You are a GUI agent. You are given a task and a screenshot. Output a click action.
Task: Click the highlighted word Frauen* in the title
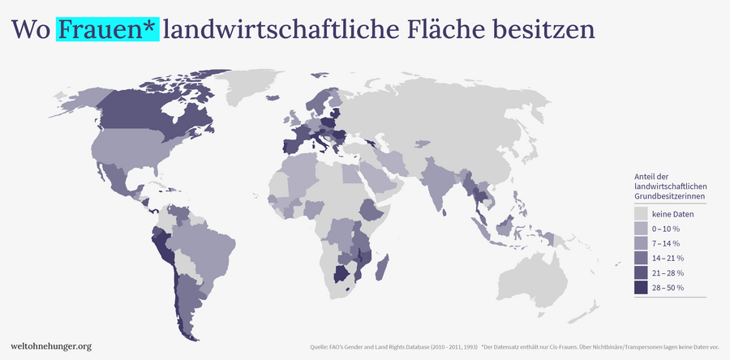(107, 29)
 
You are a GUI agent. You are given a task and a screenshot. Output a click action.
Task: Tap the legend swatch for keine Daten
(641, 214)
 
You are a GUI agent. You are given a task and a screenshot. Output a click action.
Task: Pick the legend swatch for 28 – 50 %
(641, 288)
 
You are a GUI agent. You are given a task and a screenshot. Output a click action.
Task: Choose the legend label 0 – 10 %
(666, 229)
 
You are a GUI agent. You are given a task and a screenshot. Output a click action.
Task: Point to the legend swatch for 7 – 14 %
(641, 243)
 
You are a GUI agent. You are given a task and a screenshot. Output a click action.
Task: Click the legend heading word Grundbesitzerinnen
(669, 197)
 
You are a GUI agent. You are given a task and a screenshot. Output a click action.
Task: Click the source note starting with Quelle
(393, 348)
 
